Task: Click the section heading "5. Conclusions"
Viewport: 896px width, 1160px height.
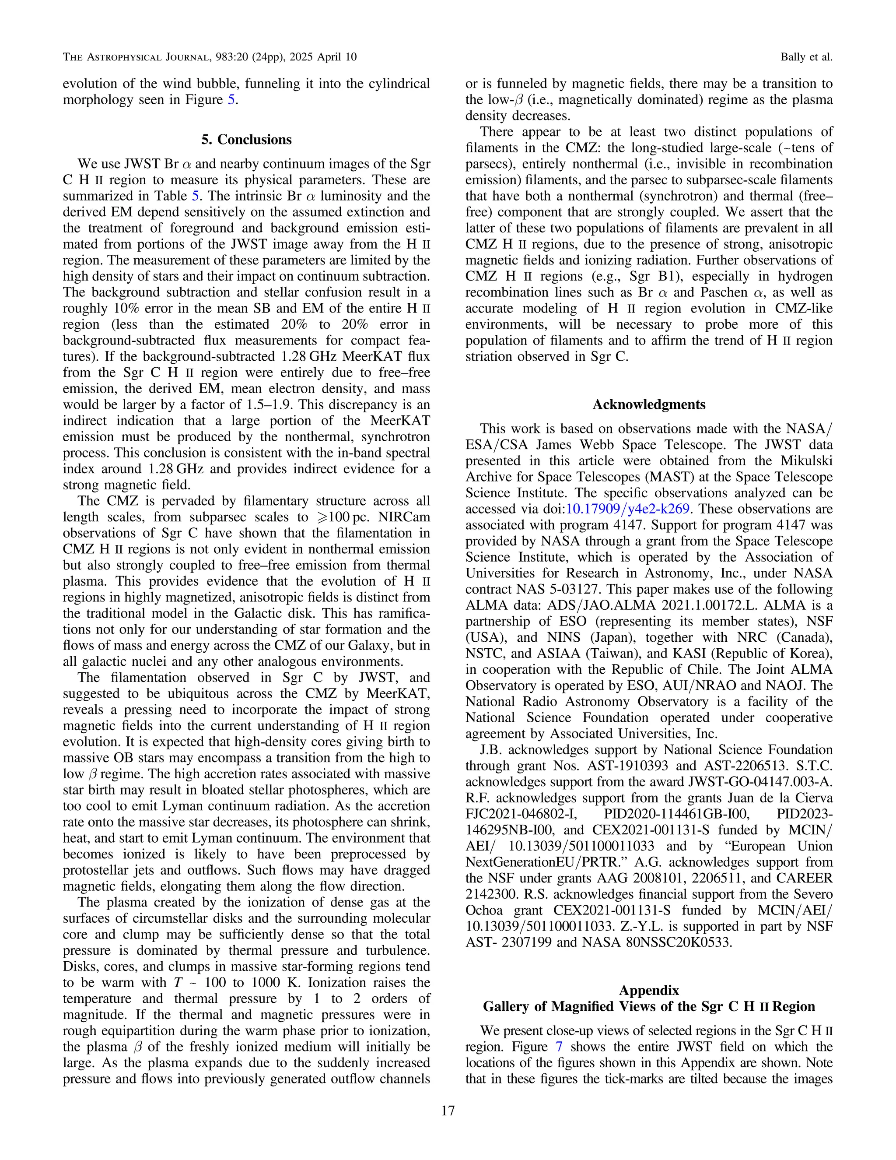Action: pyautogui.click(x=246, y=140)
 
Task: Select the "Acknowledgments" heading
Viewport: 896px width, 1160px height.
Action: pyautogui.click(x=649, y=405)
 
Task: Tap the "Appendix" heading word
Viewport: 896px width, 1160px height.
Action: pyautogui.click(x=649, y=991)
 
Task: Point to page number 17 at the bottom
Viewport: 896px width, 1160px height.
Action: pyautogui.click(x=448, y=1111)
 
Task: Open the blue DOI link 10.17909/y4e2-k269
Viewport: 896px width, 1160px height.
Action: pyautogui.click(x=627, y=509)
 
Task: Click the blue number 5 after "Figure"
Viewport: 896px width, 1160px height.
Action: pyautogui.click(x=231, y=100)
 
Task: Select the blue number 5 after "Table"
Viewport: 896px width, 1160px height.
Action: pyautogui.click(x=195, y=196)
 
